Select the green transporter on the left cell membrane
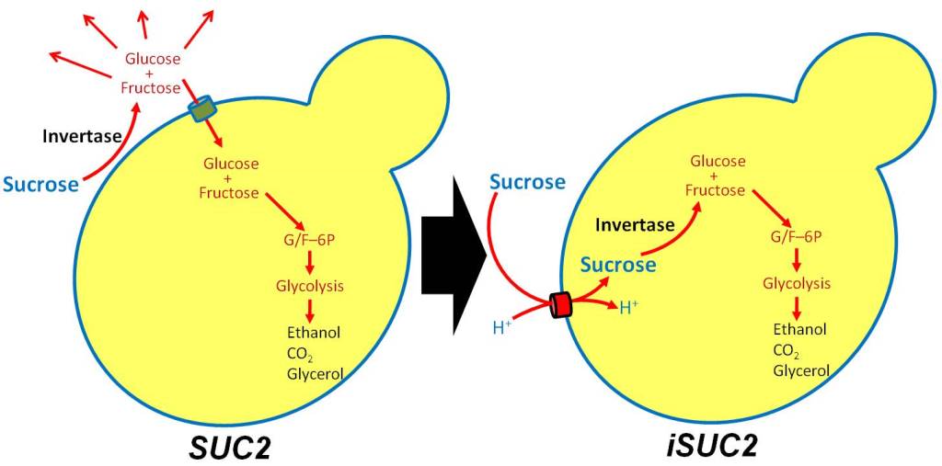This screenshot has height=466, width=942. [201, 110]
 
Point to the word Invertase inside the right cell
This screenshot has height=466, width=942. [635, 223]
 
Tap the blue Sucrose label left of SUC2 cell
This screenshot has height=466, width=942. [40, 184]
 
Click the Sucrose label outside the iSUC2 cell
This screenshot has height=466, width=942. [527, 182]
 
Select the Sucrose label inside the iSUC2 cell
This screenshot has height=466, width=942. [618, 265]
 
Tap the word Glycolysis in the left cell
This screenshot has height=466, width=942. [310, 286]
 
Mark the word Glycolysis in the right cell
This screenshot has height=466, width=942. [797, 282]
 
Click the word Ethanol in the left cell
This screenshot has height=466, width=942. [314, 332]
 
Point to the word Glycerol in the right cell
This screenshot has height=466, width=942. [801, 370]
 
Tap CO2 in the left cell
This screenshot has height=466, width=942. [303, 354]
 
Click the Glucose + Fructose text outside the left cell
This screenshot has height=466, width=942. [152, 74]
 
